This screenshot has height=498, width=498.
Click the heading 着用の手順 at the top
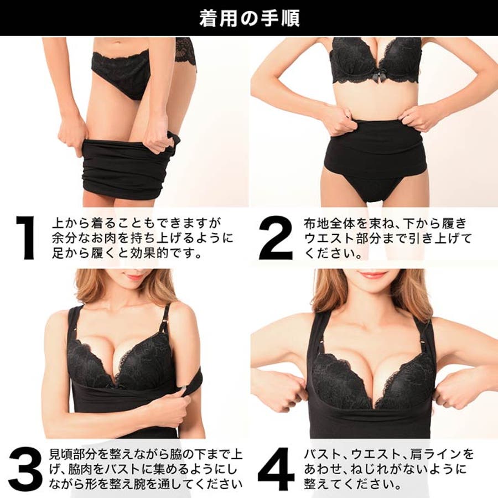(250, 18)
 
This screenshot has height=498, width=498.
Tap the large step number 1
(25, 237)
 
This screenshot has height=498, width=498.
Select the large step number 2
(275, 237)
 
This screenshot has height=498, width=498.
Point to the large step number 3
(25, 469)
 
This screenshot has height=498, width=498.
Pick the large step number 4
(276, 469)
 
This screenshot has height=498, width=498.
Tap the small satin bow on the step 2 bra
(376, 77)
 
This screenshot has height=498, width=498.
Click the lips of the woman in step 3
(135, 276)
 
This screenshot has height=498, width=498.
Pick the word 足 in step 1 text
(58, 253)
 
